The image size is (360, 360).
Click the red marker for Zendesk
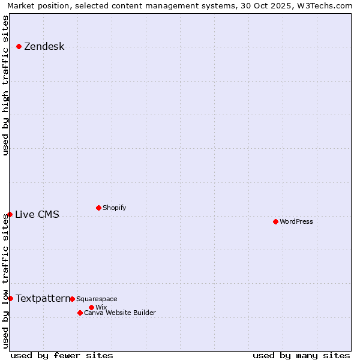pos(19,46)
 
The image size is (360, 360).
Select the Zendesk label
pos(44,47)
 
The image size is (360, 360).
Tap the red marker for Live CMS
pos(10,214)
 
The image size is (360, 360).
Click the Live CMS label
pos(37,215)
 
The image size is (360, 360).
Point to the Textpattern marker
pos(10,298)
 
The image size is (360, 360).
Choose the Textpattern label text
pos(43,298)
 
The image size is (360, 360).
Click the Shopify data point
pos(98,208)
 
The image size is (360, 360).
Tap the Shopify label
pos(114,208)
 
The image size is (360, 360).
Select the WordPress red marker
pos(275,221)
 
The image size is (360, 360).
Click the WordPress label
pos(296,222)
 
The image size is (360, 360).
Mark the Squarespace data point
pos(72,299)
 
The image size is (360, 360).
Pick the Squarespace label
pos(97,299)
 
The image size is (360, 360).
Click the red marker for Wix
pos(91,307)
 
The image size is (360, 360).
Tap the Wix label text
pos(101,308)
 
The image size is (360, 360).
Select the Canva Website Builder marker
pos(80,313)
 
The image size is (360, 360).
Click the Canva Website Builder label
pos(119,313)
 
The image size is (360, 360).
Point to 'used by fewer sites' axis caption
pos(62,355)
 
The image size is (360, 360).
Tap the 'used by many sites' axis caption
pos(301,355)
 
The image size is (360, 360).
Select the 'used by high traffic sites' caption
pos(6,85)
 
